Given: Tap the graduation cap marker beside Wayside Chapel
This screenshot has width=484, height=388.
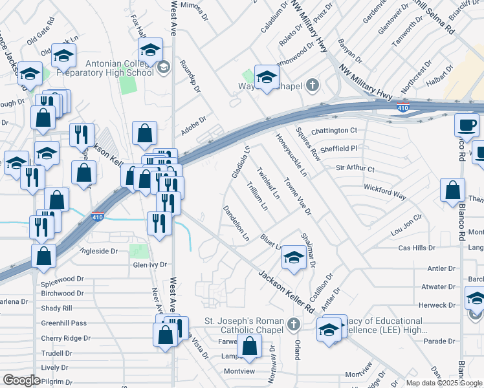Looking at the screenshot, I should point(265,78).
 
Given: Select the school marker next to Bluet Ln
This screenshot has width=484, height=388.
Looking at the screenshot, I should point(293,258).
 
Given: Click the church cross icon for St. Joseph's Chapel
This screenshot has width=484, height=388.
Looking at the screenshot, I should point(293,323).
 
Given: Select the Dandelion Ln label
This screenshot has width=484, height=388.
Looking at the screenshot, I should point(236,223).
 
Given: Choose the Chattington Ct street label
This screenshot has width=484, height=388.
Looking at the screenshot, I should point(334,131).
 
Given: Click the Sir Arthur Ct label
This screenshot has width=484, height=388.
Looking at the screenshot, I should point(355,169).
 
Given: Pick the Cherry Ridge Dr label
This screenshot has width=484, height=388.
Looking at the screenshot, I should point(65,338).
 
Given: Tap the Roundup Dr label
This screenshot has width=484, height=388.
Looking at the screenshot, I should point(190,79).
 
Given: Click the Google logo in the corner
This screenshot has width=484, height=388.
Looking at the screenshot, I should point(21,380).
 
